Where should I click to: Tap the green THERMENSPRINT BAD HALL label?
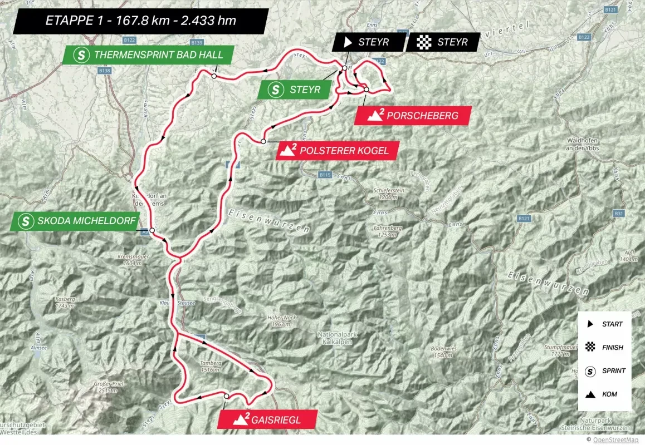point(148,55)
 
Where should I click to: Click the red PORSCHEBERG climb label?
point(412,116)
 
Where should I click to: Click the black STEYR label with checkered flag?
point(443,42)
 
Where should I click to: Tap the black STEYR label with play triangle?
point(368,42)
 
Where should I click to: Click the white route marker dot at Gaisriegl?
point(226,395)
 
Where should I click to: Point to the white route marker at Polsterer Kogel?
point(262,142)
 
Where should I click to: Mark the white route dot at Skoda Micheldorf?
point(152,230)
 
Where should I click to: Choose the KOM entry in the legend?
point(605,394)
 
